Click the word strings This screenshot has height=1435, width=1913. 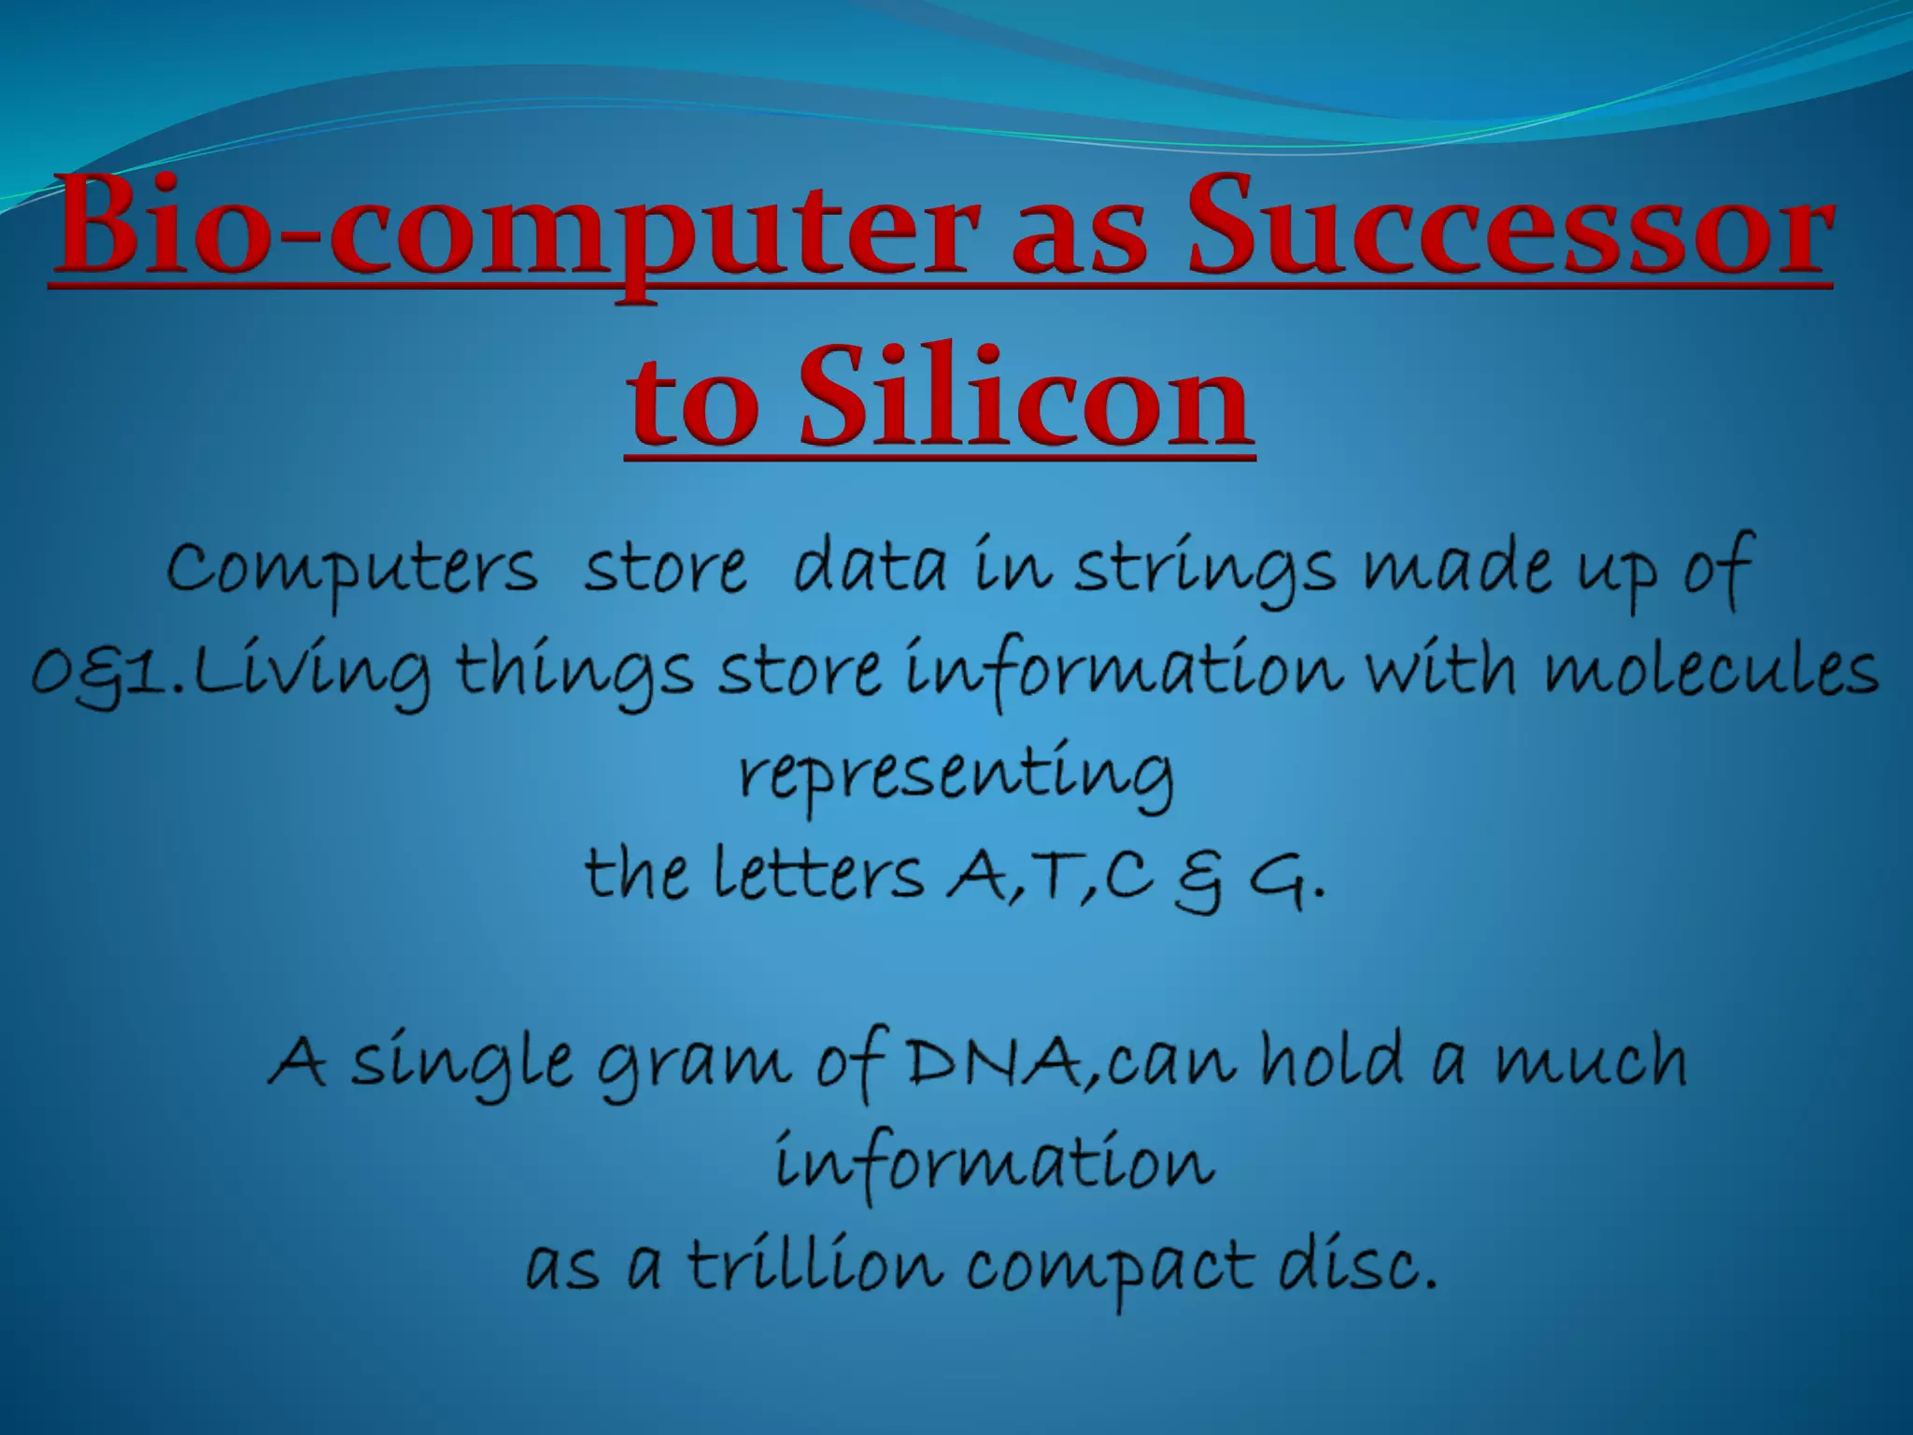pos(1204,570)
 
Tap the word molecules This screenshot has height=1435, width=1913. pos(1710,671)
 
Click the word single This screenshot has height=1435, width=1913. pos(461,1065)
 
